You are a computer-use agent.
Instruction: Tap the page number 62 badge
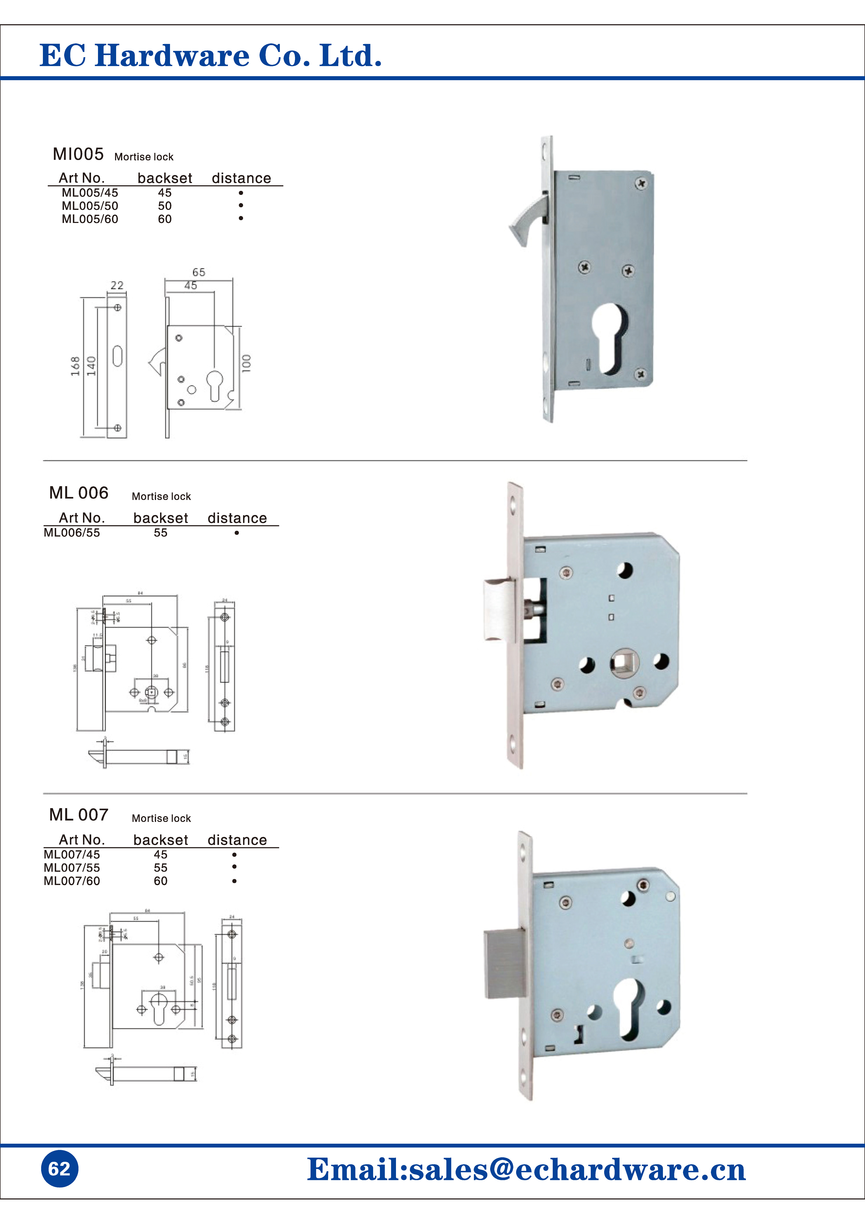(x=59, y=1168)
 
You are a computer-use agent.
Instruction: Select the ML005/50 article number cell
(x=90, y=206)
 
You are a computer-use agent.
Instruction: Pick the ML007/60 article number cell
(x=72, y=881)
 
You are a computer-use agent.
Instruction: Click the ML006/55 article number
(x=72, y=533)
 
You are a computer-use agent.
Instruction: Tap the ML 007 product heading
(x=79, y=815)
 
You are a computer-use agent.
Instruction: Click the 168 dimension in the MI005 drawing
(x=75, y=366)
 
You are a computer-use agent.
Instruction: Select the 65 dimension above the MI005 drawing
(x=199, y=272)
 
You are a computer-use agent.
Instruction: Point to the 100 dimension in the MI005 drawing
(x=246, y=363)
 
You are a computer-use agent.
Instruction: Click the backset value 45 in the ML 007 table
(x=160, y=854)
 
